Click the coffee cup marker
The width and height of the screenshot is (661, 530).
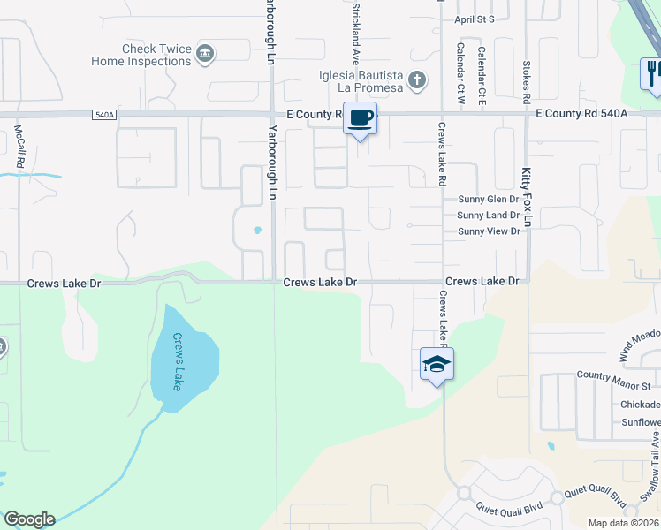(x=360, y=118)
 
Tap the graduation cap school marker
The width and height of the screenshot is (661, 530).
(x=437, y=363)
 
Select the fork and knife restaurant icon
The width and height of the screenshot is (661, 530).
(x=652, y=72)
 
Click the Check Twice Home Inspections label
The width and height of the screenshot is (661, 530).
(x=141, y=55)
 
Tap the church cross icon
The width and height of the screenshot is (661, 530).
(x=417, y=81)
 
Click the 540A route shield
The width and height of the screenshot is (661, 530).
(x=103, y=114)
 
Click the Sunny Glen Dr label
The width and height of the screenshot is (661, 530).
(x=489, y=200)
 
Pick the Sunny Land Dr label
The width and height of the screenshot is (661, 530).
(x=489, y=216)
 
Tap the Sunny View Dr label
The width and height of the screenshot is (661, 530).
(x=489, y=231)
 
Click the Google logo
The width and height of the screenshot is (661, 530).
(x=29, y=519)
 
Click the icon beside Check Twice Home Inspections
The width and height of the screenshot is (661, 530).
(x=205, y=55)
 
